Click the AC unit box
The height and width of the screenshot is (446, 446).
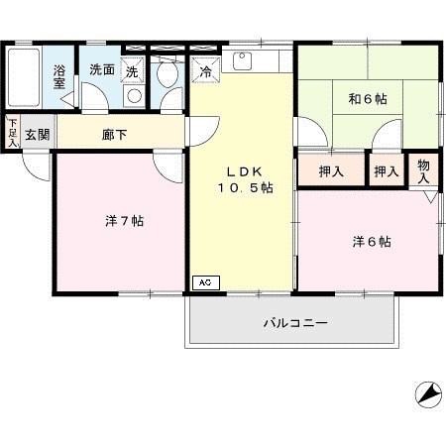[206, 282]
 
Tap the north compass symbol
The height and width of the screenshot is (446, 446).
[428, 394]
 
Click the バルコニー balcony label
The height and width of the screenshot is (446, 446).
[295, 322]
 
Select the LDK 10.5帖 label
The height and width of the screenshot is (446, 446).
[245, 180]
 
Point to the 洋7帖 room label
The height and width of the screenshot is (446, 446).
[125, 221]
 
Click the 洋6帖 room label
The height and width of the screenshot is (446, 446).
[372, 242]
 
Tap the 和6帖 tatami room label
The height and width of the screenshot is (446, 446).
[368, 99]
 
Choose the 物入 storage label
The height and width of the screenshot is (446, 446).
[423, 171]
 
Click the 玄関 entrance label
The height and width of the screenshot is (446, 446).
[38, 135]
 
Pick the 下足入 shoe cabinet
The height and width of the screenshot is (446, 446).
[13, 133]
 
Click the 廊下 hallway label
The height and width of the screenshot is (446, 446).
[114, 135]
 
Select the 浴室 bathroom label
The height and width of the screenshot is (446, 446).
[59, 77]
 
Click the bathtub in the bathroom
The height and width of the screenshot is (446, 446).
[23, 77]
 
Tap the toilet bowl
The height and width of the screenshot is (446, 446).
[167, 74]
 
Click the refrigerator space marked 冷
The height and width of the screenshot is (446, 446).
[205, 70]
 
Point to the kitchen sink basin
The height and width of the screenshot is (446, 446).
[242, 61]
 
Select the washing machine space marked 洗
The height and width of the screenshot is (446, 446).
[133, 70]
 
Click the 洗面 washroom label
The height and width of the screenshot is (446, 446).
[102, 70]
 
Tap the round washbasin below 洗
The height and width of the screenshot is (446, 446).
[134, 96]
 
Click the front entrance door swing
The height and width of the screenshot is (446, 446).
[37, 167]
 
